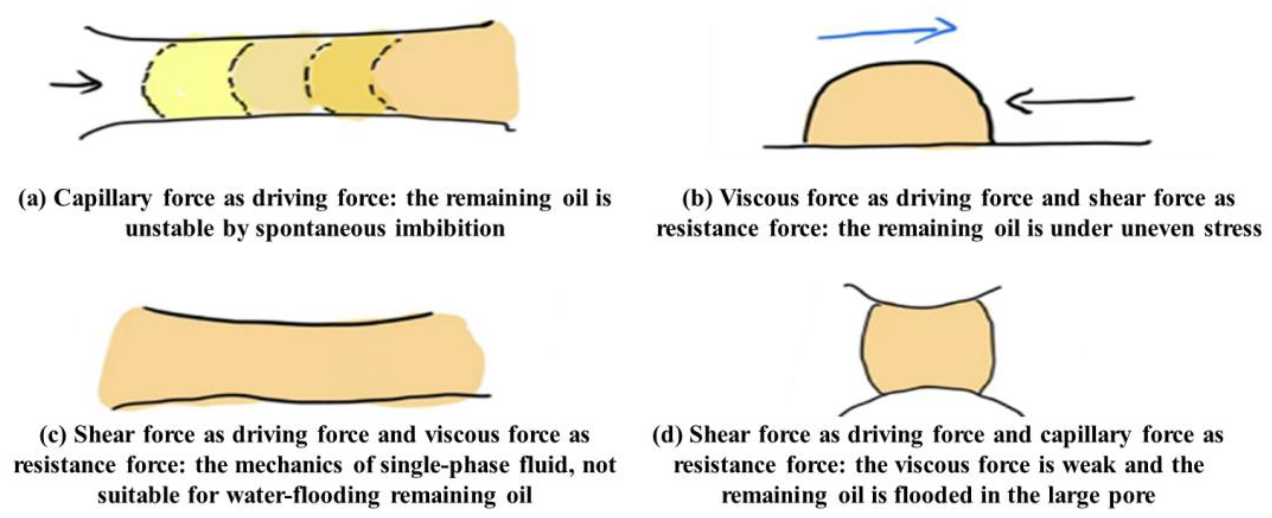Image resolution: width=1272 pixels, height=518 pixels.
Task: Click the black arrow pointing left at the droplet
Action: (1069, 101)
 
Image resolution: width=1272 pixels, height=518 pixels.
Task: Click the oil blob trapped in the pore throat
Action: (926, 348)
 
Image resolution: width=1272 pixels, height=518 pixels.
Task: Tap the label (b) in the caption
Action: (698, 199)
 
